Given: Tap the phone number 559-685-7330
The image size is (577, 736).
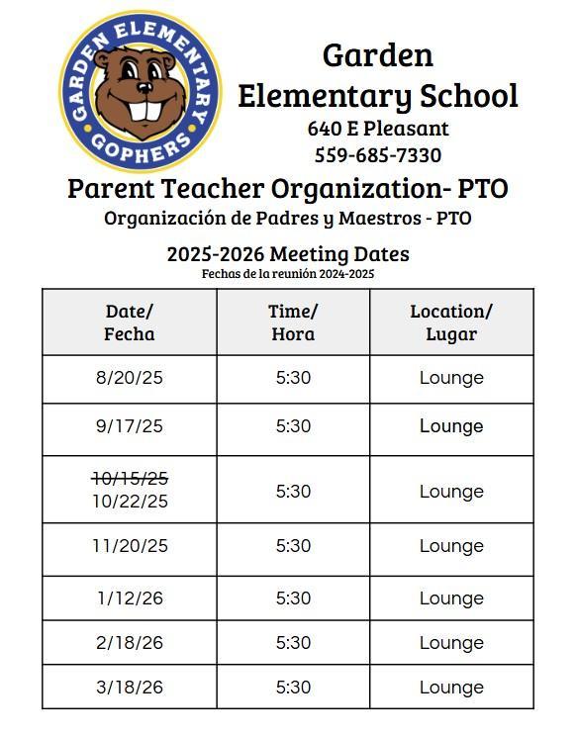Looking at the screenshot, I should coord(378,155).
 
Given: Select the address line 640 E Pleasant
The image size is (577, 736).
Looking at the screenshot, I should coord(378,129).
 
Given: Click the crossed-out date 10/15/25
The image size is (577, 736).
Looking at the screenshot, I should coord(130,479).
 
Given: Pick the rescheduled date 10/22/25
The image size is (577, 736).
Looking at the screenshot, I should coord(130,502).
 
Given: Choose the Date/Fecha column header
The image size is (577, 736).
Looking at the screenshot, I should coord(130,322).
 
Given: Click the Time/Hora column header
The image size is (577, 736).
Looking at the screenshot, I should coord(293,322).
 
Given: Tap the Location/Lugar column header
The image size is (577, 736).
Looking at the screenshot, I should coord(451,322).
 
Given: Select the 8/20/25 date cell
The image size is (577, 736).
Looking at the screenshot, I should coord(130,378).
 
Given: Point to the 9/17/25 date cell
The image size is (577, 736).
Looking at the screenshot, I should coord(130,426).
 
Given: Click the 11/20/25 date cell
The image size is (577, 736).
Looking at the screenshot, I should coord(130,546).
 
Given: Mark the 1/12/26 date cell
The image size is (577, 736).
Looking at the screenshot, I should coord(130,598).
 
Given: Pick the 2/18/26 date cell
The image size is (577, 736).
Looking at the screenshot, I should coord(130,643).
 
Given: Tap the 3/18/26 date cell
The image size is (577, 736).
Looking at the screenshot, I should coord(130,688).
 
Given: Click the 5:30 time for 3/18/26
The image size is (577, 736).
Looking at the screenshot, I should coord(293,688).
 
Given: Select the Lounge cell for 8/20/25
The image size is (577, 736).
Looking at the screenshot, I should coord(451,378).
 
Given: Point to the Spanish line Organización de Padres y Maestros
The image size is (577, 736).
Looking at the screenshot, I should coord(287,219).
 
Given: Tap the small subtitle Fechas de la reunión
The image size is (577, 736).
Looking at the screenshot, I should coord(287,274).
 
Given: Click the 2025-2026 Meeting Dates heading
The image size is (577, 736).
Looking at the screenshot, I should coord(287,254).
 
